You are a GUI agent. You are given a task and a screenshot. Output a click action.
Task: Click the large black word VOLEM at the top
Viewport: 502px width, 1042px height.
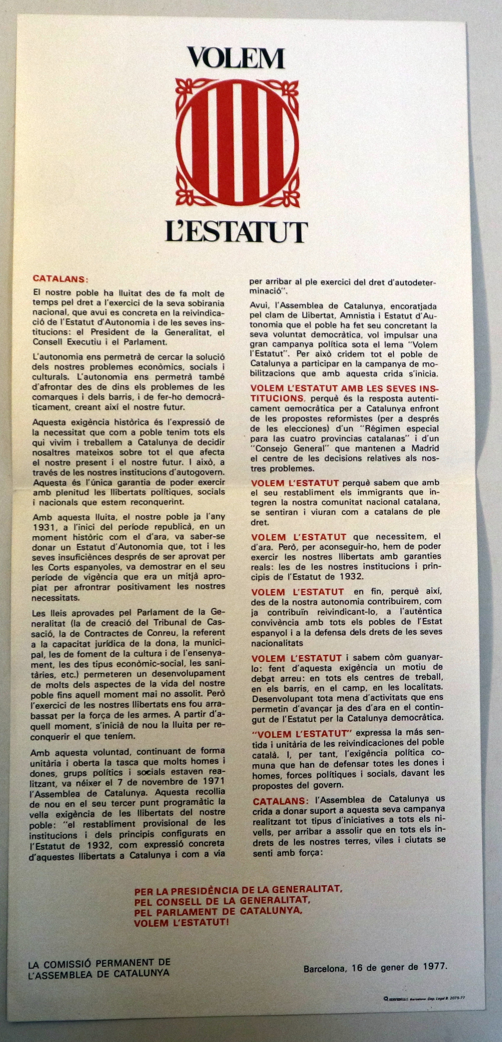coord(236,58)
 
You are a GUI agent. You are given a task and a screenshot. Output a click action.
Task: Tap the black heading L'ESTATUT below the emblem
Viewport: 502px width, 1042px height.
coord(237,232)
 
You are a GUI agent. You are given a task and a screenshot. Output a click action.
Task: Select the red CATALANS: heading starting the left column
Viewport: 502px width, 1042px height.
coord(60,279)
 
